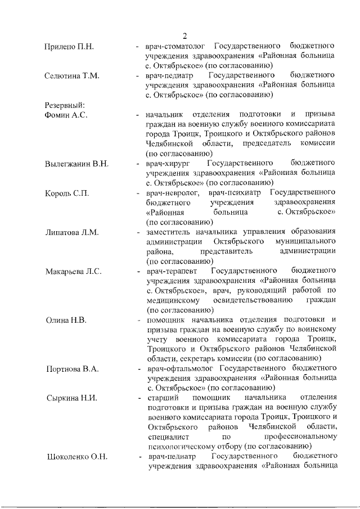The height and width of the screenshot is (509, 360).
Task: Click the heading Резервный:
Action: click(65, 105)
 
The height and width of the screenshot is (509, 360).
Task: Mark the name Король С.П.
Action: click(67, 193)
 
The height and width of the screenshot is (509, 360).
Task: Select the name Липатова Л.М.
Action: click(72, 232)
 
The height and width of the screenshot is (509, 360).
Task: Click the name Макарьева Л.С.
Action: click(73, 272)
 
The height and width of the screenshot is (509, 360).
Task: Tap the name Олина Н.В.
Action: click(65, 321)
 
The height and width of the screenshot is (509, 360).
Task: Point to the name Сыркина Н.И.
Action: click(71, 399)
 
